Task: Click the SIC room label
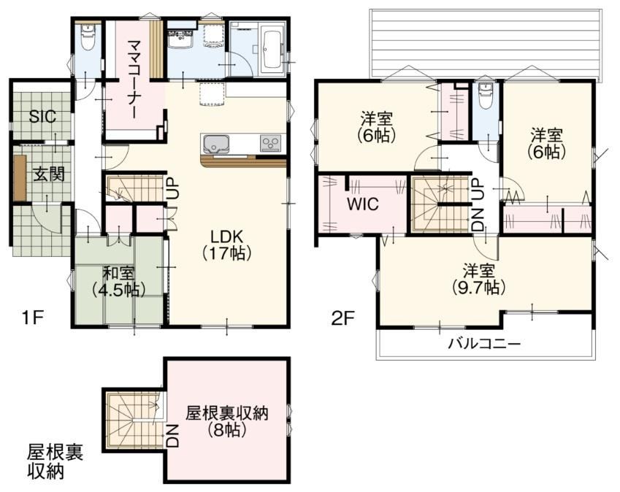[x=43, y=117]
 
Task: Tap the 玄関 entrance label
[x=48, y=174]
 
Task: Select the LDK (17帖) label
[x=226, y=245]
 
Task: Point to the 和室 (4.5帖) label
[x=118, y=282]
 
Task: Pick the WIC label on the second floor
[x=363, y=204]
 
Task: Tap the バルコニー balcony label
[x=484, y=343]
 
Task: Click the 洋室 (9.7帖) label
[x=479, y=280]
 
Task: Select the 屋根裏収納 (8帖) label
[x=227, y=421]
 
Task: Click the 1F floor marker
[x=32, y=318]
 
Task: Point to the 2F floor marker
[x=344, y=318]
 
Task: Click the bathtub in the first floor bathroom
[x=271, y=50]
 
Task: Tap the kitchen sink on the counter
[x=216, y=145]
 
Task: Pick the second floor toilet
[x=484, y=96]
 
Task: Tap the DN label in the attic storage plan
[x=173, y=437]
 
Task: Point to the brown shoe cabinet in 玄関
[x=20, y=177]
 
